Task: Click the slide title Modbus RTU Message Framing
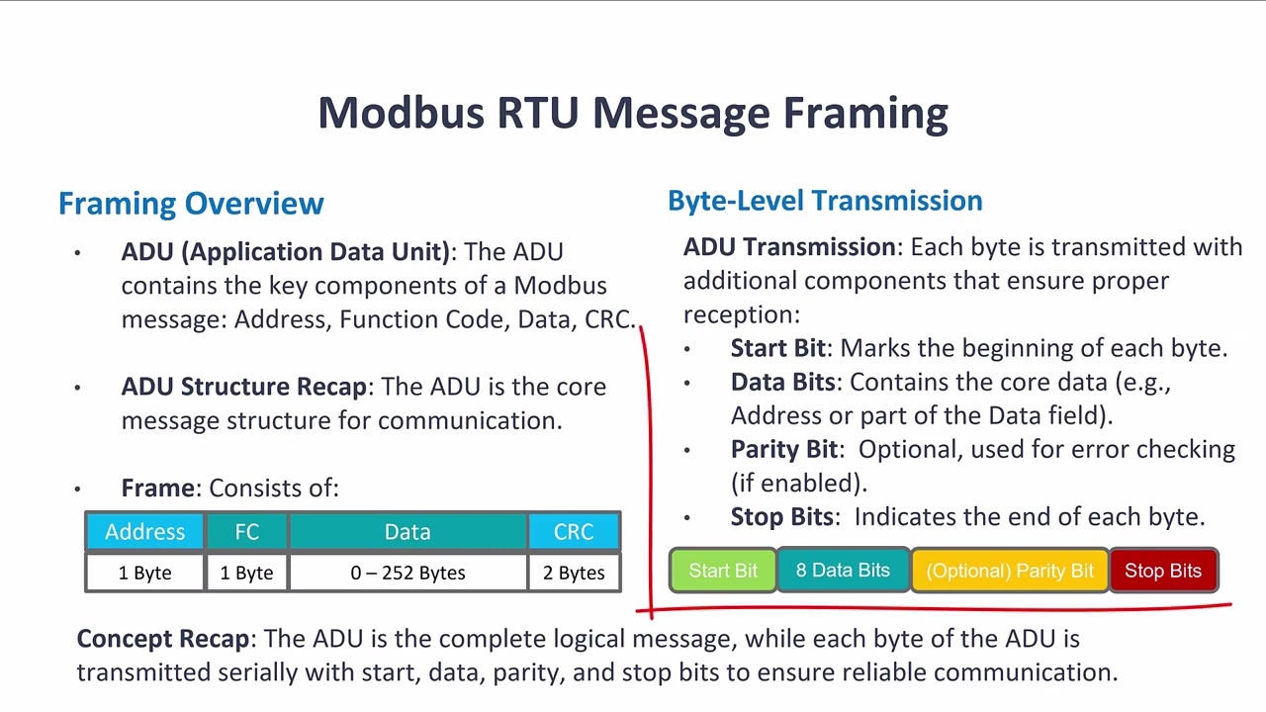(x=633, y=113)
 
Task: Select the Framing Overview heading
(x=191, y=204)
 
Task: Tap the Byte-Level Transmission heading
(x=825, y=201)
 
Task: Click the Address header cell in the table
(x=144, y=532)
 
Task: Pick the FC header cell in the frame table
(x=246, y=532)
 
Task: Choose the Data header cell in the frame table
(x=407, y=532)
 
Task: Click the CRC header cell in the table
(x=574, y=532)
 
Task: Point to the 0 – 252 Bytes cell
(x=407, y=573)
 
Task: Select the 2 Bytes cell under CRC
(x=574, y=573)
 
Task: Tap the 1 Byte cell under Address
(x=144, y=573)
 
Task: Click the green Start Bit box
(x=723, y=571)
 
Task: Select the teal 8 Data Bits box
(x=843, y=571)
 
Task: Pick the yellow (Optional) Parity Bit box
(x=1010, y=571)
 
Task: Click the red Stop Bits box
(x=1163, y=571)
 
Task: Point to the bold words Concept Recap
(x=163, y=639)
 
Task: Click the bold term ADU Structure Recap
(x=244, y=387)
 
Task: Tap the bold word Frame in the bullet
(x=158, y=488)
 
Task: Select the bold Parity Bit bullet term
(x=784, y=449)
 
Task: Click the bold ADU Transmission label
(x=789, y=247)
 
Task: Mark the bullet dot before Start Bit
(x=688, y=349)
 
